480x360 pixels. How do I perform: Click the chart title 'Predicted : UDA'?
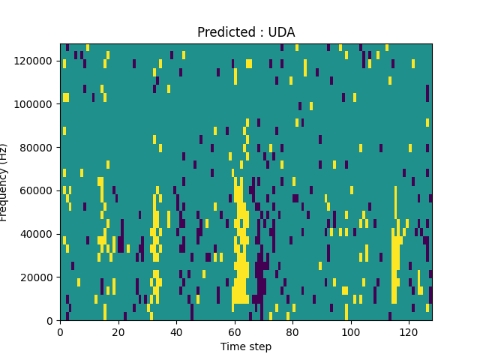[x=246, y=32]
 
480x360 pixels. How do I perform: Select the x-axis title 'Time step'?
[x=246, y=346]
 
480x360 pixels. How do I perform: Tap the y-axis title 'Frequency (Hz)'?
[x=4, y=182]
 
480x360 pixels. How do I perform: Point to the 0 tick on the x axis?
[x=60, y=331]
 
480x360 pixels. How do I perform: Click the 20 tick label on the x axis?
[x=118, y=331]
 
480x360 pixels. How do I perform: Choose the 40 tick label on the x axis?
[x=176, y=331]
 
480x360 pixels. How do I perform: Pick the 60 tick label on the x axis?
[x=234, y=331]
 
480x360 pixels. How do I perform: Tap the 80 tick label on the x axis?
[x=292, y=331]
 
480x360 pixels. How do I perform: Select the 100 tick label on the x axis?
[x=350, y=331]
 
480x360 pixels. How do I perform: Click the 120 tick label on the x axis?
[x=409, y=331]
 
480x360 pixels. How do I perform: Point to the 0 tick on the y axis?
[x=50, y=321]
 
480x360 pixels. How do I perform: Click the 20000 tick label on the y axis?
[x=38, y=277]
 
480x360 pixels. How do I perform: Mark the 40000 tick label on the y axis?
[x=38, y=234]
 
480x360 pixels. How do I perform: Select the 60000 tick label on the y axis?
[x=38, y=190]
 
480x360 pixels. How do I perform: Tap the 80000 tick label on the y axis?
[x=38, y=147]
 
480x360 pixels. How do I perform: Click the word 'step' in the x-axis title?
[x=259, y=346]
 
